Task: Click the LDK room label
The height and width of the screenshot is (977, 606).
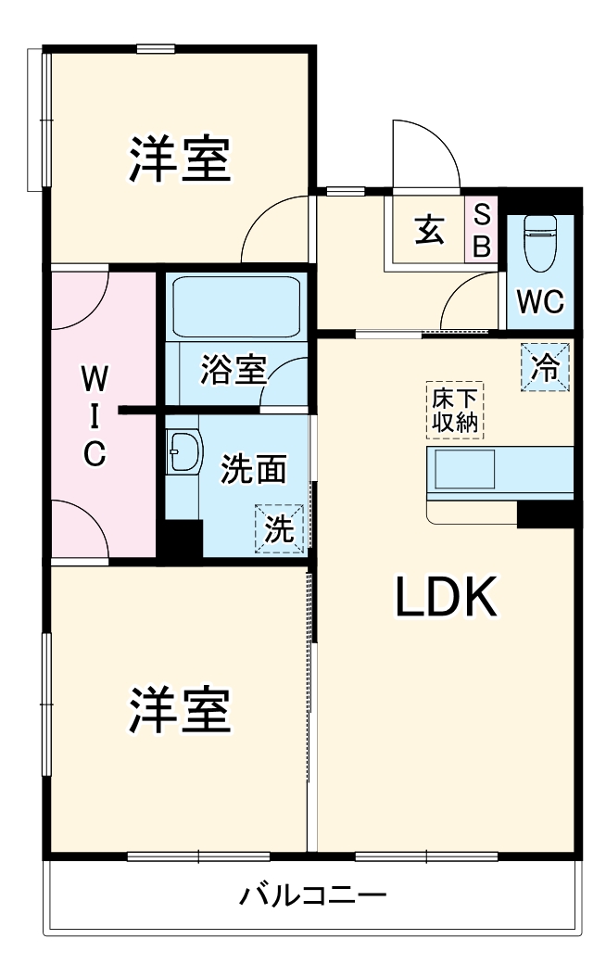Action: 448,598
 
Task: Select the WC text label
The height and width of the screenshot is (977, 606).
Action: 540,303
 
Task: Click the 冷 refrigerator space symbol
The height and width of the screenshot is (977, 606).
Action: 546,368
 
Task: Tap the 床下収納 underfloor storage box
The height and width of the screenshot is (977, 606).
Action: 454,412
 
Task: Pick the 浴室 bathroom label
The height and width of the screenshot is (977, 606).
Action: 234,370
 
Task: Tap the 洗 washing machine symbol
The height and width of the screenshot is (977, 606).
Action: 280,529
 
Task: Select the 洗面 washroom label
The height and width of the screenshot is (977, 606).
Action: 252,470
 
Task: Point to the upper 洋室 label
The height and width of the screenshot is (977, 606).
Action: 180,159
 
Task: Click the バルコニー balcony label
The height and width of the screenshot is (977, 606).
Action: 313,896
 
